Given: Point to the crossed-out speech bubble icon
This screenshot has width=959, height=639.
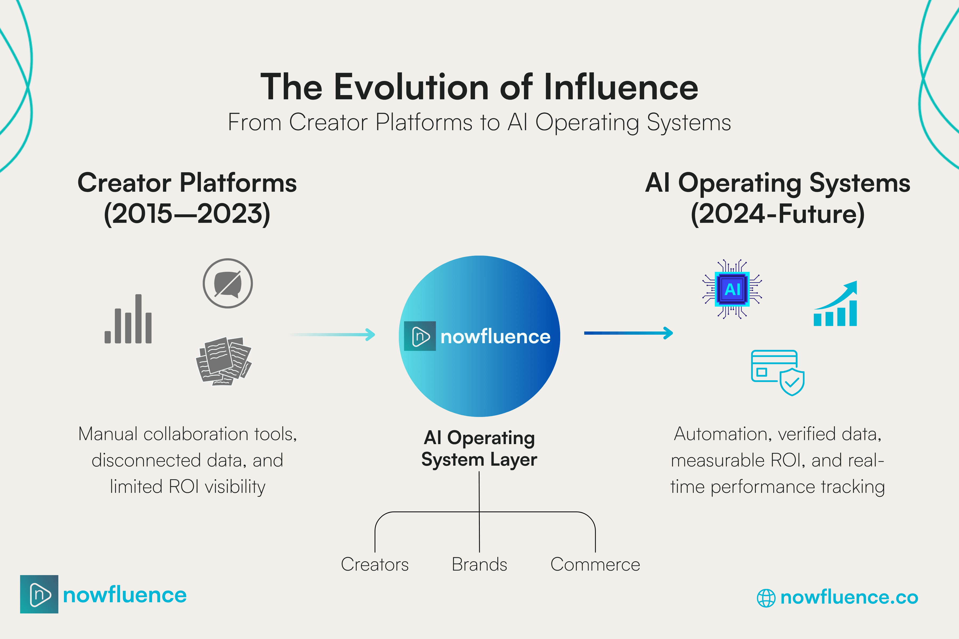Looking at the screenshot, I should point(227,283).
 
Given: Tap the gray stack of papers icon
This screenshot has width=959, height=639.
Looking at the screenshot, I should point(224,361).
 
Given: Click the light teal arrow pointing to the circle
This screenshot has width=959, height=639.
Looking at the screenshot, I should point(332,335).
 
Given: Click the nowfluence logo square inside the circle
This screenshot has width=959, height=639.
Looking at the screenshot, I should point(420,336).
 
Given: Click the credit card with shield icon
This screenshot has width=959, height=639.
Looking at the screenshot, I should point(777,372).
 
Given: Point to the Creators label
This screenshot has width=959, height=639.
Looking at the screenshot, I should point(375,564).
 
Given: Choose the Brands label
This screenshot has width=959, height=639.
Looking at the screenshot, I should point(479,564).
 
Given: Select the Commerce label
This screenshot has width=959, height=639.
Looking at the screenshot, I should point(595,564).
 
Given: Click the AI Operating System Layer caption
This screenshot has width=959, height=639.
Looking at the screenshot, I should point(479,448).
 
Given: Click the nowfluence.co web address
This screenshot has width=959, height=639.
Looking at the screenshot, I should point(849,597).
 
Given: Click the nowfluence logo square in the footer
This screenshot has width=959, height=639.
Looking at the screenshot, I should point(39,594).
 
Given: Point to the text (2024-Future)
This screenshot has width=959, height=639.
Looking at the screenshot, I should point(778,214).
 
